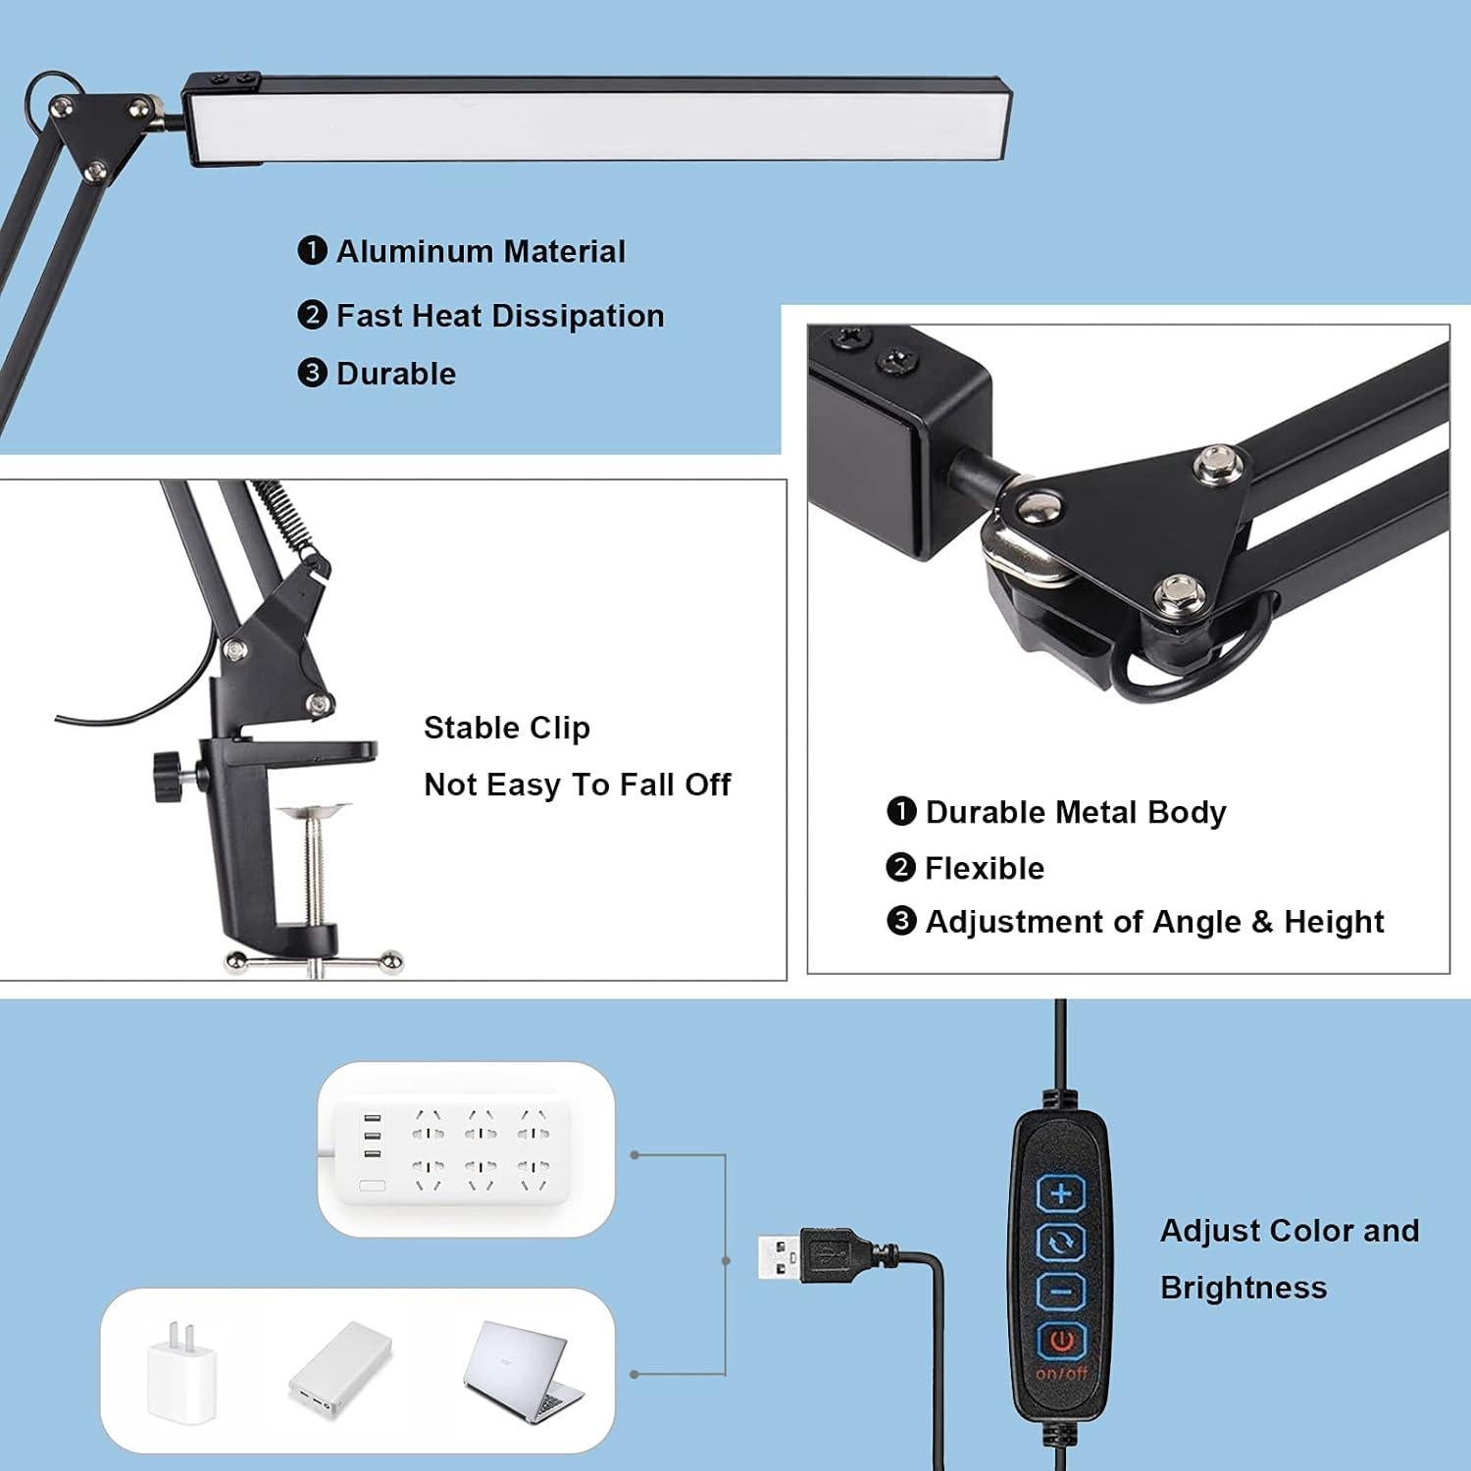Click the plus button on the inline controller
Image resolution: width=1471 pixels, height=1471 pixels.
click(1061, 1193)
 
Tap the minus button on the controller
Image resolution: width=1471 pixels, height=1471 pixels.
click(1061, 1291)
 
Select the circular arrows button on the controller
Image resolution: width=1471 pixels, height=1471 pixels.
click(1061, 1243)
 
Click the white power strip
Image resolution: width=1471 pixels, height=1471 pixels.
click(456, 1146)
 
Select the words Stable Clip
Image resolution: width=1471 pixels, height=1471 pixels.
click(506, 728)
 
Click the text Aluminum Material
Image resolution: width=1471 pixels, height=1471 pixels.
click(481, 252)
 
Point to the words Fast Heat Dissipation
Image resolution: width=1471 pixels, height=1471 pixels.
click(500, 316)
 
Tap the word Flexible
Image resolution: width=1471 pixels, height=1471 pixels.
click(984, 868)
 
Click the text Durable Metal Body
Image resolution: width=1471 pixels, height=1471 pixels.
click(1075, 812)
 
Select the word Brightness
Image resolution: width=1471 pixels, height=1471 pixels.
click(1243, 1287)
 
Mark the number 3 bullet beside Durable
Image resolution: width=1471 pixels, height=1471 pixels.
click(312, 374)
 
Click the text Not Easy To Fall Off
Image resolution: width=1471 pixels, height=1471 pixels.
click(577, 785)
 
